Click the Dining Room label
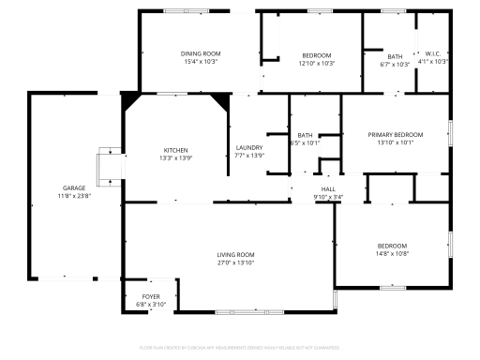200,54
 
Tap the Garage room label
74,187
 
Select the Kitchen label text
176,150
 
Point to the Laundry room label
248,147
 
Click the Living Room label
235,255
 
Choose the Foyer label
151,297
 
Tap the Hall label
328,188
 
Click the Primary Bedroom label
395,135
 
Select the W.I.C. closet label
432,54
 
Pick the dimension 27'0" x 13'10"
235,262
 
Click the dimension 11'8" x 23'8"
74,195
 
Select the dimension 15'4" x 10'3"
200,63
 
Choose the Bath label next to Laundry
307,135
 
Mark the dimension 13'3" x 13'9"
176,157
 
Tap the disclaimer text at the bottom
239,347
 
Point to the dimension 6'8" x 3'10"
151,305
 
